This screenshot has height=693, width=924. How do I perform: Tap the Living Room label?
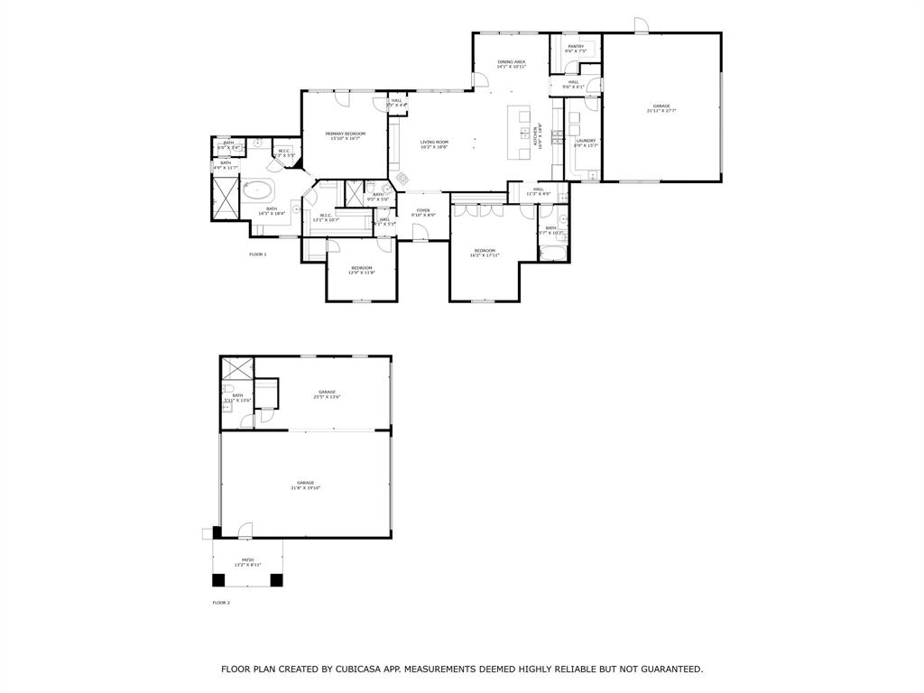coord(434,142)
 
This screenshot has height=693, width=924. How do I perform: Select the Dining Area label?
coord(511,61)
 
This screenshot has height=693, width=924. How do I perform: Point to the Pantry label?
coord(576,46)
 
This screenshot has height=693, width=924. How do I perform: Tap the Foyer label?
coord(423,210)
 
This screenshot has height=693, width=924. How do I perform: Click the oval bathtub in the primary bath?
coord(259,189)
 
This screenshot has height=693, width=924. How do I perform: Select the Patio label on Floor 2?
coord(247,560)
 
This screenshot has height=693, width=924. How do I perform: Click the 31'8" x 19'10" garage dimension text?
coord(306,488)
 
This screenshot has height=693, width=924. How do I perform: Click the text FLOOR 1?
coord(258,254)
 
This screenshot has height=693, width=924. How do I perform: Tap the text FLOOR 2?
coord(221,602)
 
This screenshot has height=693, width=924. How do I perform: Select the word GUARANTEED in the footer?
coord(669,670)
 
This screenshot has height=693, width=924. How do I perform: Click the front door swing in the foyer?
coord(420,233)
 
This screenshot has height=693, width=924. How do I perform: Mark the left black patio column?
coord(218,579)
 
